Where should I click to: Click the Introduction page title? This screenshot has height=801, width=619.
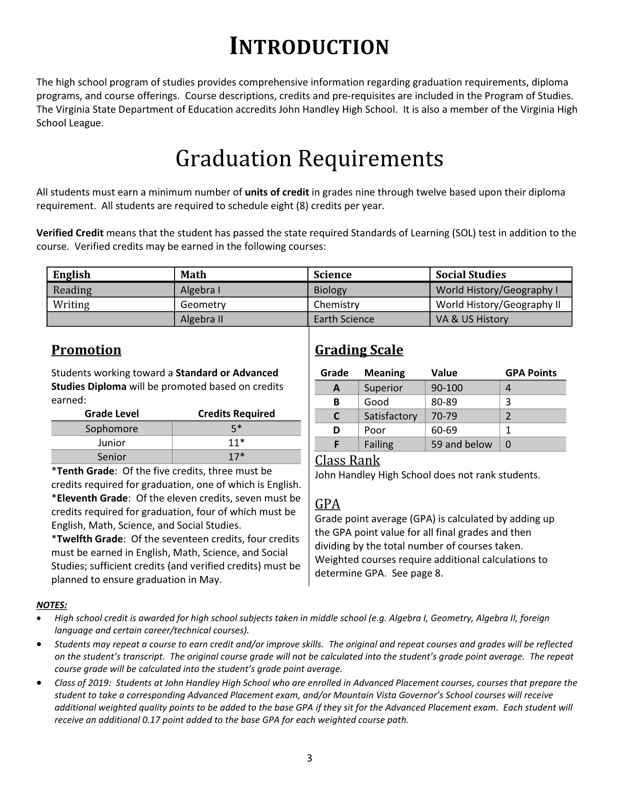coord(309,47)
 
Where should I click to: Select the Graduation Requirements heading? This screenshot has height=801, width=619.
coord(309,159)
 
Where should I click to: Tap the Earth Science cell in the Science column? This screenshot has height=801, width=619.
coord(344,319)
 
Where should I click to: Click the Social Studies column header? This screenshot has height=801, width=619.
coord(471,275)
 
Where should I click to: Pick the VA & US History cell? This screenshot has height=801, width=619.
coord(472,319)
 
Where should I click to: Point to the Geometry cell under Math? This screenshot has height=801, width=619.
coord(203,304)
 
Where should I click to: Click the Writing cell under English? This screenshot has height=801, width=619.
coord(71,304)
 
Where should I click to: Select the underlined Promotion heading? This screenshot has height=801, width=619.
coord(86,350)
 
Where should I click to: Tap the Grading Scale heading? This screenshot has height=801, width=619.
coord(359,350)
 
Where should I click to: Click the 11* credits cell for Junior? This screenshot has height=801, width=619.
coord(236,443)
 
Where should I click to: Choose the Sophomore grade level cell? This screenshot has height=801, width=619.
coord(112,429)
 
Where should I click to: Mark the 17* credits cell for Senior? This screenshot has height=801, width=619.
coord(236,457)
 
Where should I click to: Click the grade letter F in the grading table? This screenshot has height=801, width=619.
coord(336,444)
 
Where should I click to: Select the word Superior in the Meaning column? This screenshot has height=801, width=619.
coord(383,388)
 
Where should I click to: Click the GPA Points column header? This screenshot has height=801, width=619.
coord(531,373)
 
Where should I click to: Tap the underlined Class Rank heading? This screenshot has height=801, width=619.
coord(347,460)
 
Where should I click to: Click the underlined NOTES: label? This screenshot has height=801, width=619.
coord(52,605)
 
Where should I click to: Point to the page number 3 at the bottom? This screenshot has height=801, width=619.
coord(309,758)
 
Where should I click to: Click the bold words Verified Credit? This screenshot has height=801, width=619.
coord(70,233)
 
